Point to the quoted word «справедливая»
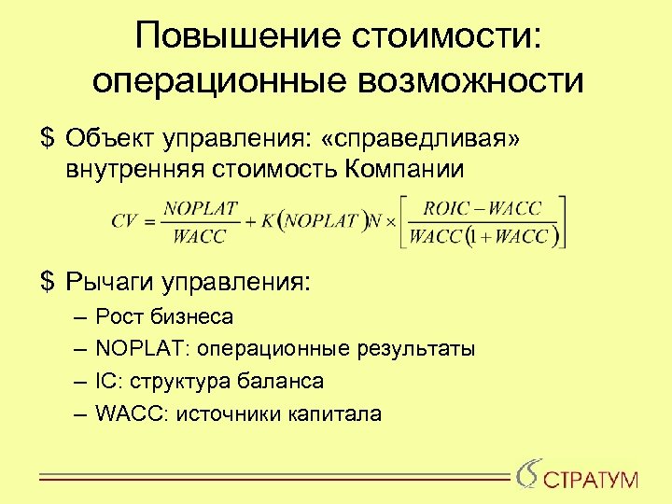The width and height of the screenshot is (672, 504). [x=419, y=139]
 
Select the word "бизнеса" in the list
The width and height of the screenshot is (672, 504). [x=197, y=317]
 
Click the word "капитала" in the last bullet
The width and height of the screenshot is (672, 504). [x=335, y=413]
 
